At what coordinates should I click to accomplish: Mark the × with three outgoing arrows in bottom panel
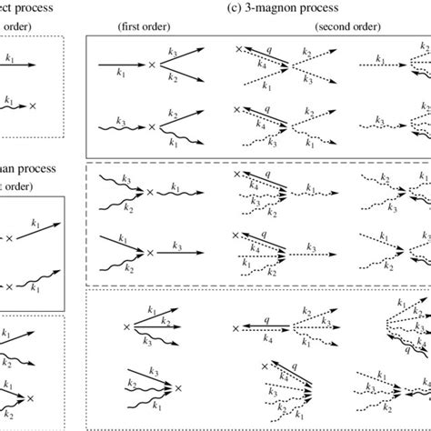click(126, 326)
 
